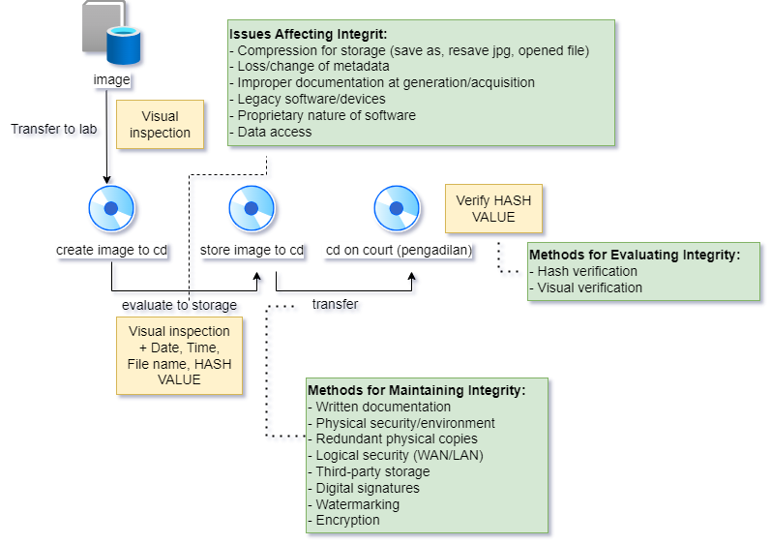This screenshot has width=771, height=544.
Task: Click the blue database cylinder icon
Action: pyautogui.click(x=124, y=45)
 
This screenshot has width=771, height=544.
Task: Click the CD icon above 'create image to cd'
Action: pyautogui.click(x=111, y=208)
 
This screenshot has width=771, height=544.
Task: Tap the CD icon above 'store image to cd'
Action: pyautogui.click(x=252, y=208)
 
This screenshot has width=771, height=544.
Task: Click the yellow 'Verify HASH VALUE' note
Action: pyautogui.click(x=493, y=208)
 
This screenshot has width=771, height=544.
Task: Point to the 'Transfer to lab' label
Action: pyautogui.click(x=54, y=129)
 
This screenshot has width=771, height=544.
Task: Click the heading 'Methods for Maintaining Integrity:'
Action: pyautogui.click(x=416, y=390)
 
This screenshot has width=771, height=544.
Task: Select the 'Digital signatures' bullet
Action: pyautogui.click(x=368, y=488)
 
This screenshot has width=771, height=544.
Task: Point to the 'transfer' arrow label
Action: pyautogui.click(x=335, y=304)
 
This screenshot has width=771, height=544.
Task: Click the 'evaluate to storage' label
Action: pyautogui.click(x=179, y=305)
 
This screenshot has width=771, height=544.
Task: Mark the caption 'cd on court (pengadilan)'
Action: pyautogui.click(x=399, y=250)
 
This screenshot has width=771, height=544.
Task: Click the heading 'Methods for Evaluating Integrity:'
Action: pyautogui.click(x=635, y=255)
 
